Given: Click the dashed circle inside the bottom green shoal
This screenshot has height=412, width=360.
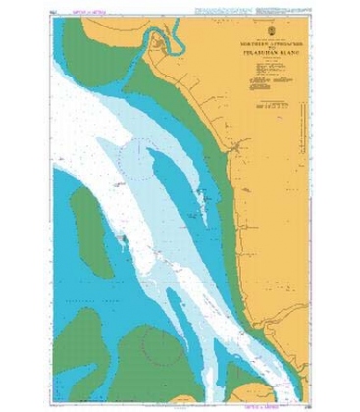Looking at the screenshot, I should pyautogui.click(x=163, y=344).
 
